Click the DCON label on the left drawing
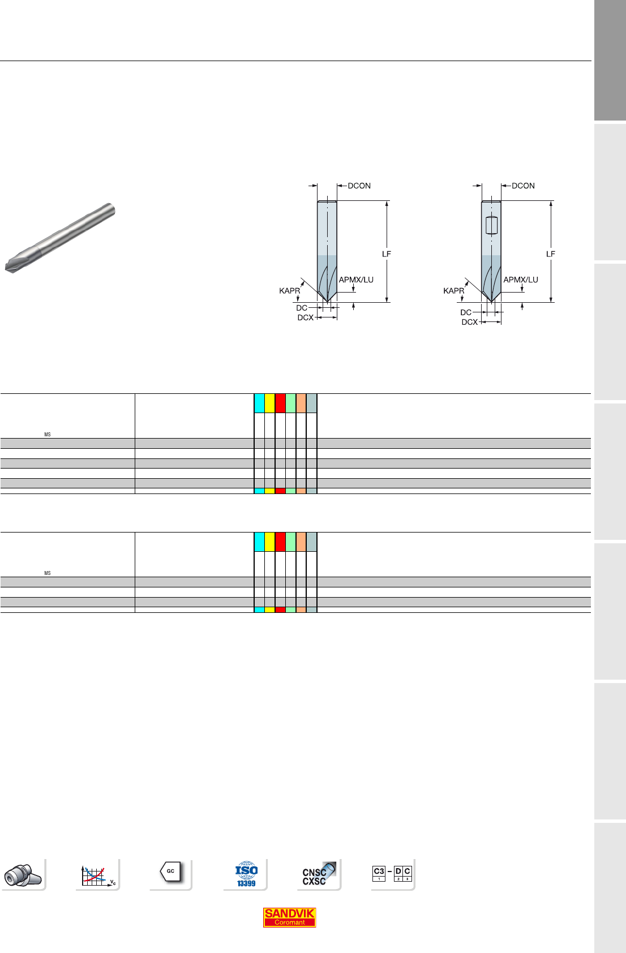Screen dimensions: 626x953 coord(359,186)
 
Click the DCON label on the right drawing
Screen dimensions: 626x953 coord(523,186)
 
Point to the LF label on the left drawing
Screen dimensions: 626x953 coord(387,254)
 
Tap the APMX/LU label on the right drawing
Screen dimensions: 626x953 coord(521,280)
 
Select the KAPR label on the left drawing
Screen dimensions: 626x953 coord(289,290)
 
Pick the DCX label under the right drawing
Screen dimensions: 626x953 coord(470,322)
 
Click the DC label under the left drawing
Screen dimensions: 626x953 coord(302,308)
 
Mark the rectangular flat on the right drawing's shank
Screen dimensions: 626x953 coord(491,225)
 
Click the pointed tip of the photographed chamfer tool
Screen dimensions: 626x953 coord(6,268)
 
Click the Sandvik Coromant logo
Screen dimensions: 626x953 coord(289,917)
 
